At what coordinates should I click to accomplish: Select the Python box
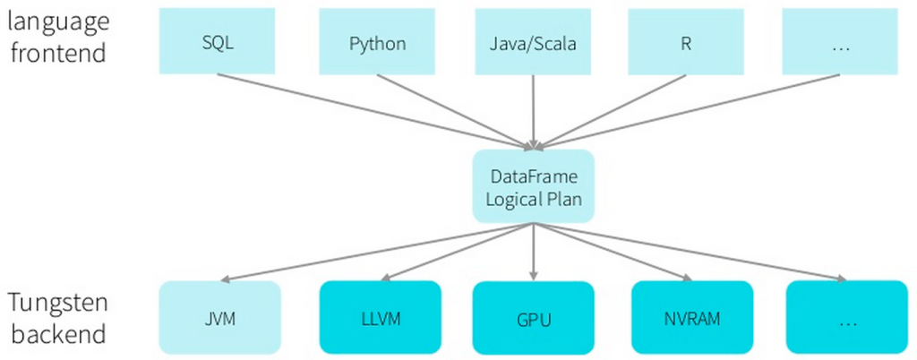point(376,42)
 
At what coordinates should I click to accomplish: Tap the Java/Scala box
point(533,42)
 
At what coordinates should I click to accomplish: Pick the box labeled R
point(685,42)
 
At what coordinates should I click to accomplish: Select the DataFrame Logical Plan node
point(534,187)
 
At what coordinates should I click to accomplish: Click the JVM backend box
point(219,316)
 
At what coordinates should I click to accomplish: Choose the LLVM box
point(380,316)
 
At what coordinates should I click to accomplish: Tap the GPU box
point(533,318)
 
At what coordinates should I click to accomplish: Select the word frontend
point(56,52)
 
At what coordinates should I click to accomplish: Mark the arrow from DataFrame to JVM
point(376,252)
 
